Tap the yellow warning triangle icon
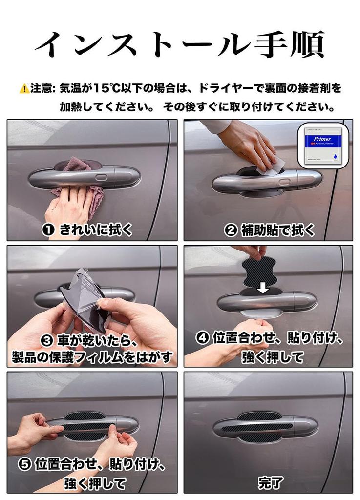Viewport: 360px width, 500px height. (23, 89)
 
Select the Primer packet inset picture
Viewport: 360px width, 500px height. (323, 146)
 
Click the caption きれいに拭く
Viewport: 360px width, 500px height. (95, 230)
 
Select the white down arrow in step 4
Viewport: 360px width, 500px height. (263, 288)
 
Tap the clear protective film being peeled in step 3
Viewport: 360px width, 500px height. (85, 291)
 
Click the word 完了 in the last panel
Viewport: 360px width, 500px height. (270, 483)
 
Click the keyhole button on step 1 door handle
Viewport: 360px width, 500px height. (101, 177)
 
